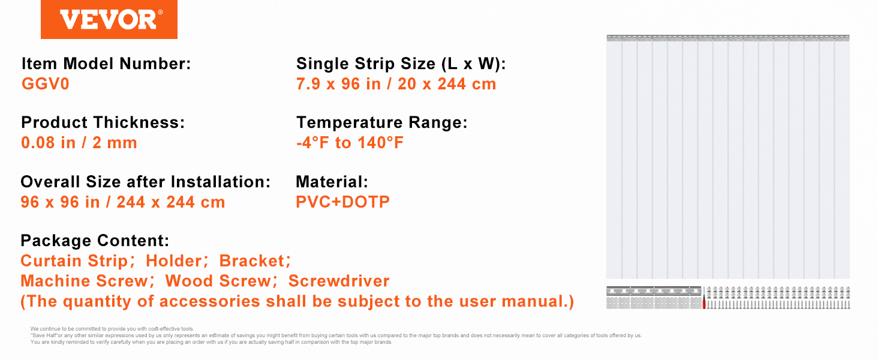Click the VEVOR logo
click(109, 20)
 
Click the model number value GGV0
click(46, 84)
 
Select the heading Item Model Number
click(106, 64)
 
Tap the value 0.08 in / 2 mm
click(79, 143)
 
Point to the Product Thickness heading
click(103, 122)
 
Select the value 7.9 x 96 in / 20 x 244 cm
click(396, 84)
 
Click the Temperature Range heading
click(381, 122)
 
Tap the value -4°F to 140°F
click(350, 143)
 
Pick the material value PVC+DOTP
click(342, 202)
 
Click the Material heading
click(332, 181)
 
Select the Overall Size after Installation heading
click(146, 181)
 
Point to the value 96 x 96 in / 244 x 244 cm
click(123, 202)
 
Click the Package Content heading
click(95, 241)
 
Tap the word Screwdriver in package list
click(339, 281)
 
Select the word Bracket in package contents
click(251, 260)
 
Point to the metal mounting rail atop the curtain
click(728, 38)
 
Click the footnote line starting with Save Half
click(336, 335)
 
